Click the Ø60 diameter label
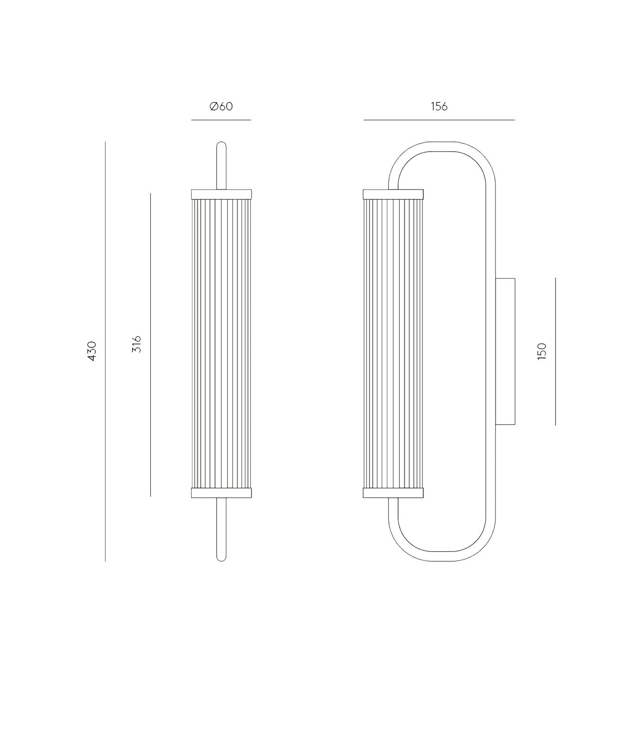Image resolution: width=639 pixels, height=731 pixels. (221, 106)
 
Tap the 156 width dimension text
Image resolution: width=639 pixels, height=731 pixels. (439, 106)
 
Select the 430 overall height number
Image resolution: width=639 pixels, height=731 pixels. (92, 351)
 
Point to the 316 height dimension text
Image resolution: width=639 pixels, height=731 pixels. (136, 344)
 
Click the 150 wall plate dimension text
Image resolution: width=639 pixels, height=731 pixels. (542, 351)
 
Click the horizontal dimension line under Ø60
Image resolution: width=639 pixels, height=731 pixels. (221, 120)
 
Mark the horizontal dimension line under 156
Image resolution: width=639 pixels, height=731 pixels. (439, 120)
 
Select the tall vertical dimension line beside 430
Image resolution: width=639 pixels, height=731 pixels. (105, 351)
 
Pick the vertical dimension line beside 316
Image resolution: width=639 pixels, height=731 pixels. (150, 344)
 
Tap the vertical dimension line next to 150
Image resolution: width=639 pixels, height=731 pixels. (555, 351)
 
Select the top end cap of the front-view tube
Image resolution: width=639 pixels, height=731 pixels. (221, 194)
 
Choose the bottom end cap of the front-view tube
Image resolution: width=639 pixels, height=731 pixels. (221, 493)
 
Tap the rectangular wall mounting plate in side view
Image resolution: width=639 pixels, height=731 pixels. (505, 351)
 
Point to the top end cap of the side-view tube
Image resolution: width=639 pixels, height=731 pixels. (393, 194)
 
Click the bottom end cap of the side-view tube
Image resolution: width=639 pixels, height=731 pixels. (393, 493)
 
